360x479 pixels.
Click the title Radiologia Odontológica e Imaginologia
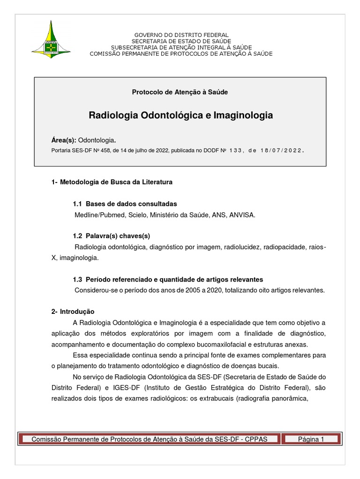pos(180,115)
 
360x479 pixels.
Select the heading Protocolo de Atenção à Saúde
pos(180,92)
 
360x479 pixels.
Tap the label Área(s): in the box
pos(63,140)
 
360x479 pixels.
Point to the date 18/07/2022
pos(279,151)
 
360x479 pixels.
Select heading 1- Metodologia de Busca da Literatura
pos(112,182)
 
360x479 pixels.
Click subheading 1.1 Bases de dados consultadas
pos(125,204)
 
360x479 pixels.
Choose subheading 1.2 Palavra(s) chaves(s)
pos(111,236)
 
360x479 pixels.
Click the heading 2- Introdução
pos(73,312)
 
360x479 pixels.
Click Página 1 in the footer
pos(311,439)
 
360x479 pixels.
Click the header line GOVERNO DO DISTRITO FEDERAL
pos(181,35)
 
